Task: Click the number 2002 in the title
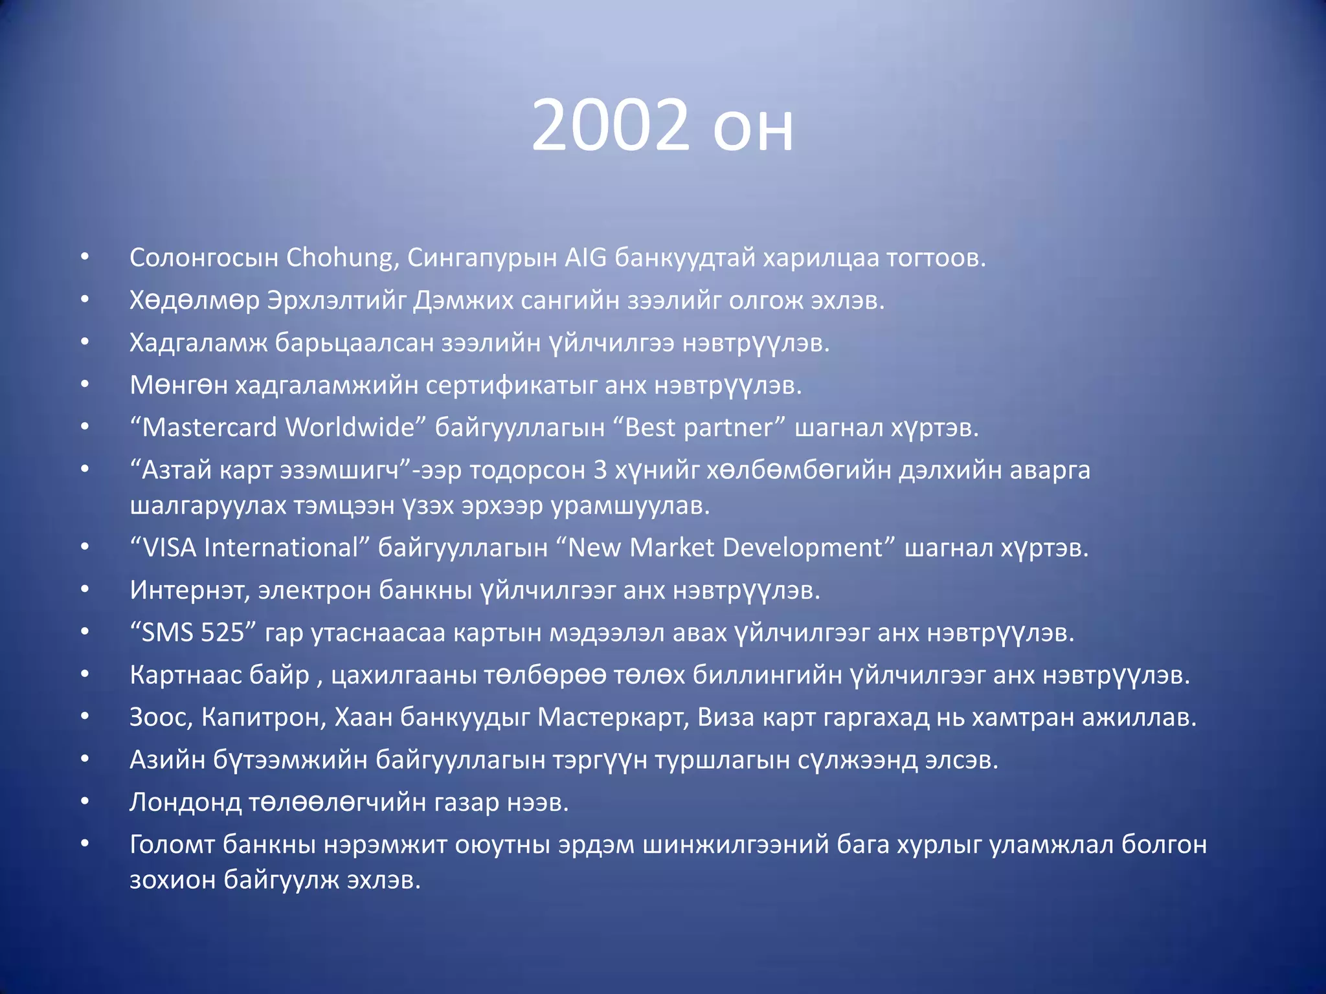click(x=610, y=126)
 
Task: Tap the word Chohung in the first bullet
click(x=339, y=258)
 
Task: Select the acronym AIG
click(x=585, y=258)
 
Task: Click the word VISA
click(x=169, y=548)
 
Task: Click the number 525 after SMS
click(x=222, y=633)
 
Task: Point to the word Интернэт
click(x=188, y=590)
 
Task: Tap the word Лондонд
click(x=185, y=802)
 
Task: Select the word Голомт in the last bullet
click(x=172, y=845)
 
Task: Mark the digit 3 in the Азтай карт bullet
click(x=600, y=470)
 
